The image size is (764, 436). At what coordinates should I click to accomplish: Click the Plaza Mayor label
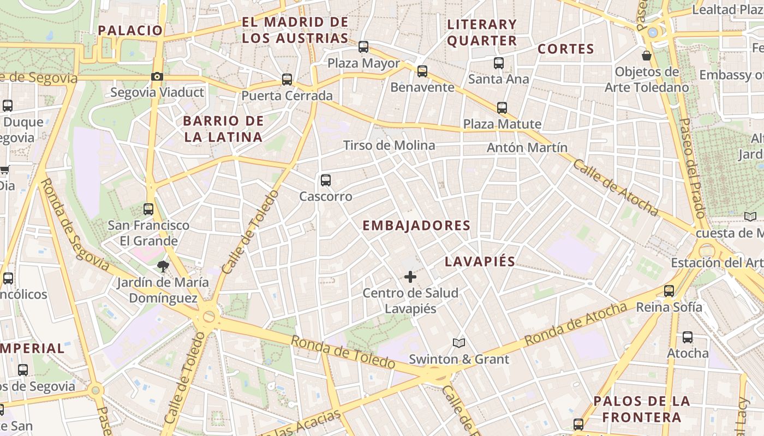click(x=363, y=63)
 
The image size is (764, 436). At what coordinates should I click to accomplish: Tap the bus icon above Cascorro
click(x=326, y=180)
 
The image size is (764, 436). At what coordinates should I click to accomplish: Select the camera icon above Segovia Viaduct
click(x=157, y=76)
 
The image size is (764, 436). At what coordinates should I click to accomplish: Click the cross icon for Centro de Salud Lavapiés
click(x=410, y=277)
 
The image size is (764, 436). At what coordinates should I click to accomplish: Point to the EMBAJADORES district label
click(x=416, y=226)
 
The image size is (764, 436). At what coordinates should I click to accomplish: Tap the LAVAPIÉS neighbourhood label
click(x=480, y=262)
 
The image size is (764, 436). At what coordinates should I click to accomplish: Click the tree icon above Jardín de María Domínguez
click(x=163, y=266)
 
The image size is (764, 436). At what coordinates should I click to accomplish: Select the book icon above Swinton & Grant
click(x=459, y=343)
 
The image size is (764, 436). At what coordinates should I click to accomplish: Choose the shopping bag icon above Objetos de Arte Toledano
click(x=647, y=56)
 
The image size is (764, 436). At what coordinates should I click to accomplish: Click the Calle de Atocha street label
click(x=616, y=187)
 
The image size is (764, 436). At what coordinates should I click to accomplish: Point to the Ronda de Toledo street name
click(x=342, y=352)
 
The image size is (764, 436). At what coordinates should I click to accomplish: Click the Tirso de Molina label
click(x=389, y=146)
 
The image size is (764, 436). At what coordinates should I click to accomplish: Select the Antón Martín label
click(x=527, y=148)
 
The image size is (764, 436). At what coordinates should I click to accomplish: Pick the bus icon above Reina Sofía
click(x=669, y=291)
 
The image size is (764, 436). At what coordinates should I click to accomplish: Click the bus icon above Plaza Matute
click(x=502, y=108)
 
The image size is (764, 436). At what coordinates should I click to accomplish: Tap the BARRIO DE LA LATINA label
click(x=223, y=129)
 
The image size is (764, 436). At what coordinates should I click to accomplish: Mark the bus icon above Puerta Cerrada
click(x=287, y=80)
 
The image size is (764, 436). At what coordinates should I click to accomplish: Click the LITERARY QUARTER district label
click(x=481, y=32)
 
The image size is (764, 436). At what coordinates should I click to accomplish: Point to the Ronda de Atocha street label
click(x=576, y=324)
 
